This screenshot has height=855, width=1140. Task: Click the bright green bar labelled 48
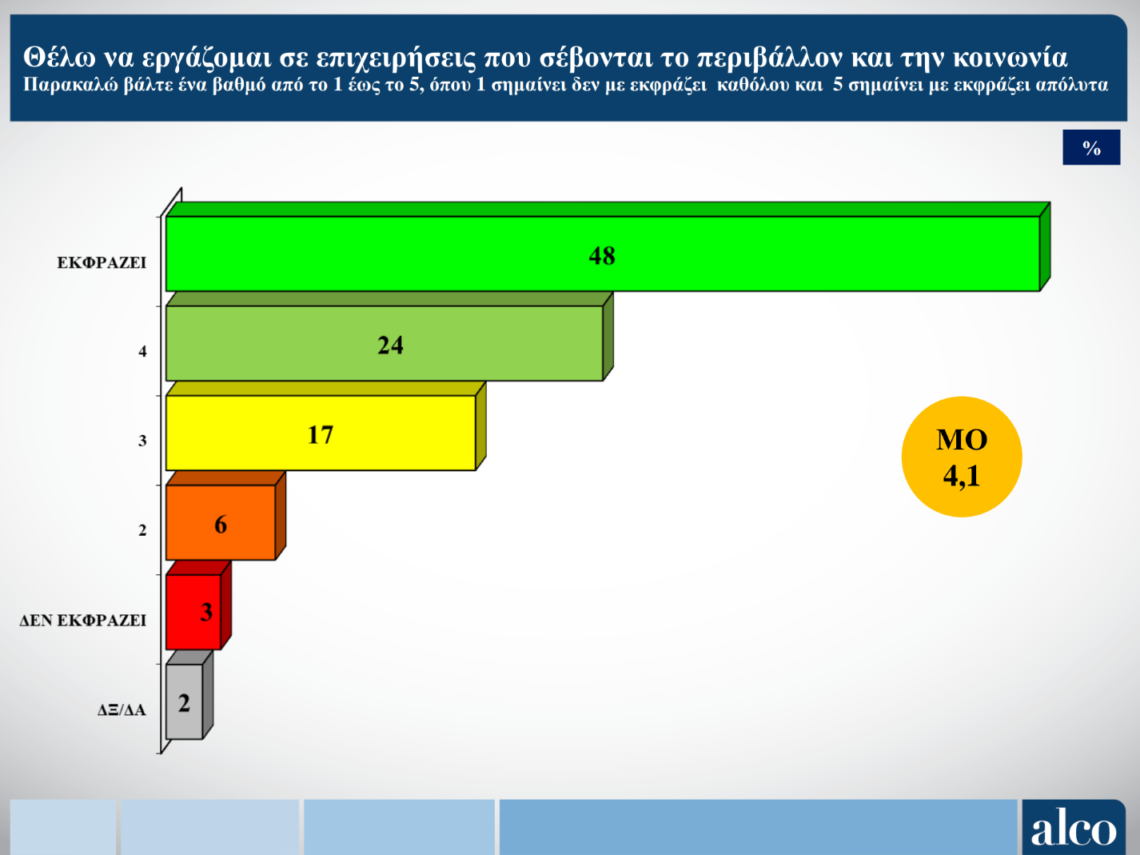coord(799,254)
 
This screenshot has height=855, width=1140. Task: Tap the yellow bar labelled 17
coord(400,433)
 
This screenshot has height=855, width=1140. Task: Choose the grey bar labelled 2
coord(184,701)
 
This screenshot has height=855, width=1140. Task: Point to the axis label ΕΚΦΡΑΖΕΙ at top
coord(102,262)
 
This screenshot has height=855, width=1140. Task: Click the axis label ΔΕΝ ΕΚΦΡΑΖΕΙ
coord(83,620)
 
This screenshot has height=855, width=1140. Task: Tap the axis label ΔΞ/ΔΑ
coord(122,709)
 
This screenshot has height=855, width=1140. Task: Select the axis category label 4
coord(142,351)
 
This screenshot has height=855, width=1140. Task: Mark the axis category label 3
coord(142,441)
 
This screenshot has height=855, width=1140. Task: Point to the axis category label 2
coord(142,530)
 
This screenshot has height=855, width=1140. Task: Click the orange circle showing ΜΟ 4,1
coord(962,457)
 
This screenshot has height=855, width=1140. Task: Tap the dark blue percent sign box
coord(1091,147)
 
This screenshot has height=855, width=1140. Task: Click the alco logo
coord(1073,828)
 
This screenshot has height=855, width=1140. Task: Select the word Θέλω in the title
coord(59,58)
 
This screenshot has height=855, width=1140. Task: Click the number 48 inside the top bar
coord(602,255)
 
